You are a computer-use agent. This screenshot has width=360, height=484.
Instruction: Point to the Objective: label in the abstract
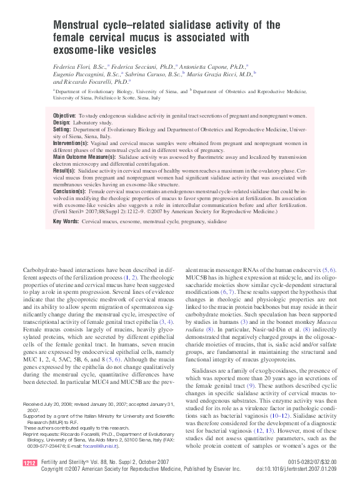[x=64, y=116]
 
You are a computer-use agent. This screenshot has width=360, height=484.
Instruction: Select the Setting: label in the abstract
[x=62, y=129]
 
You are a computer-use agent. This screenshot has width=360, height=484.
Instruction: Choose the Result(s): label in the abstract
[x=65, y=169]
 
